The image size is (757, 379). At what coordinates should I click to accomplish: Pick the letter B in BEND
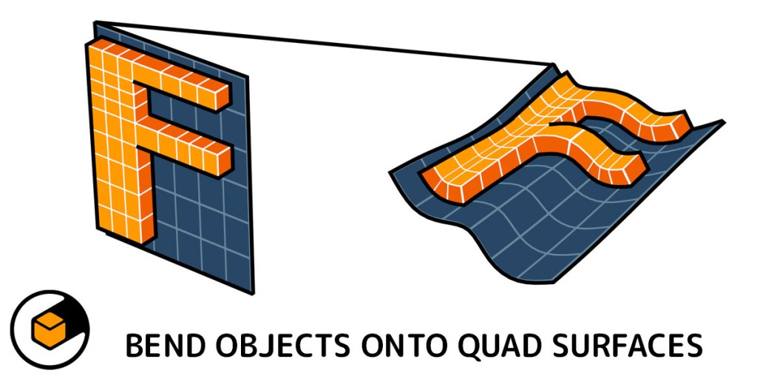pyautogui.click(x=135, y=346)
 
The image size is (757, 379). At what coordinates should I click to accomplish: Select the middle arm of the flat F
pyautogui.click(x=189, y=145)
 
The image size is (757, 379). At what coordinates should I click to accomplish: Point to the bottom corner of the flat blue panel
pyautogui.click(x=253, y=292)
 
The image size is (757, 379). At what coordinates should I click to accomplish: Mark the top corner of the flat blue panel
pyautogui.click(x=95, y=21)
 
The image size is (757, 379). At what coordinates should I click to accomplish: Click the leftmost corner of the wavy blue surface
pyautogui.click(x=390, y=172)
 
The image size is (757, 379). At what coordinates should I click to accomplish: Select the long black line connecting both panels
pyautogui.click(x=324, y=43)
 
